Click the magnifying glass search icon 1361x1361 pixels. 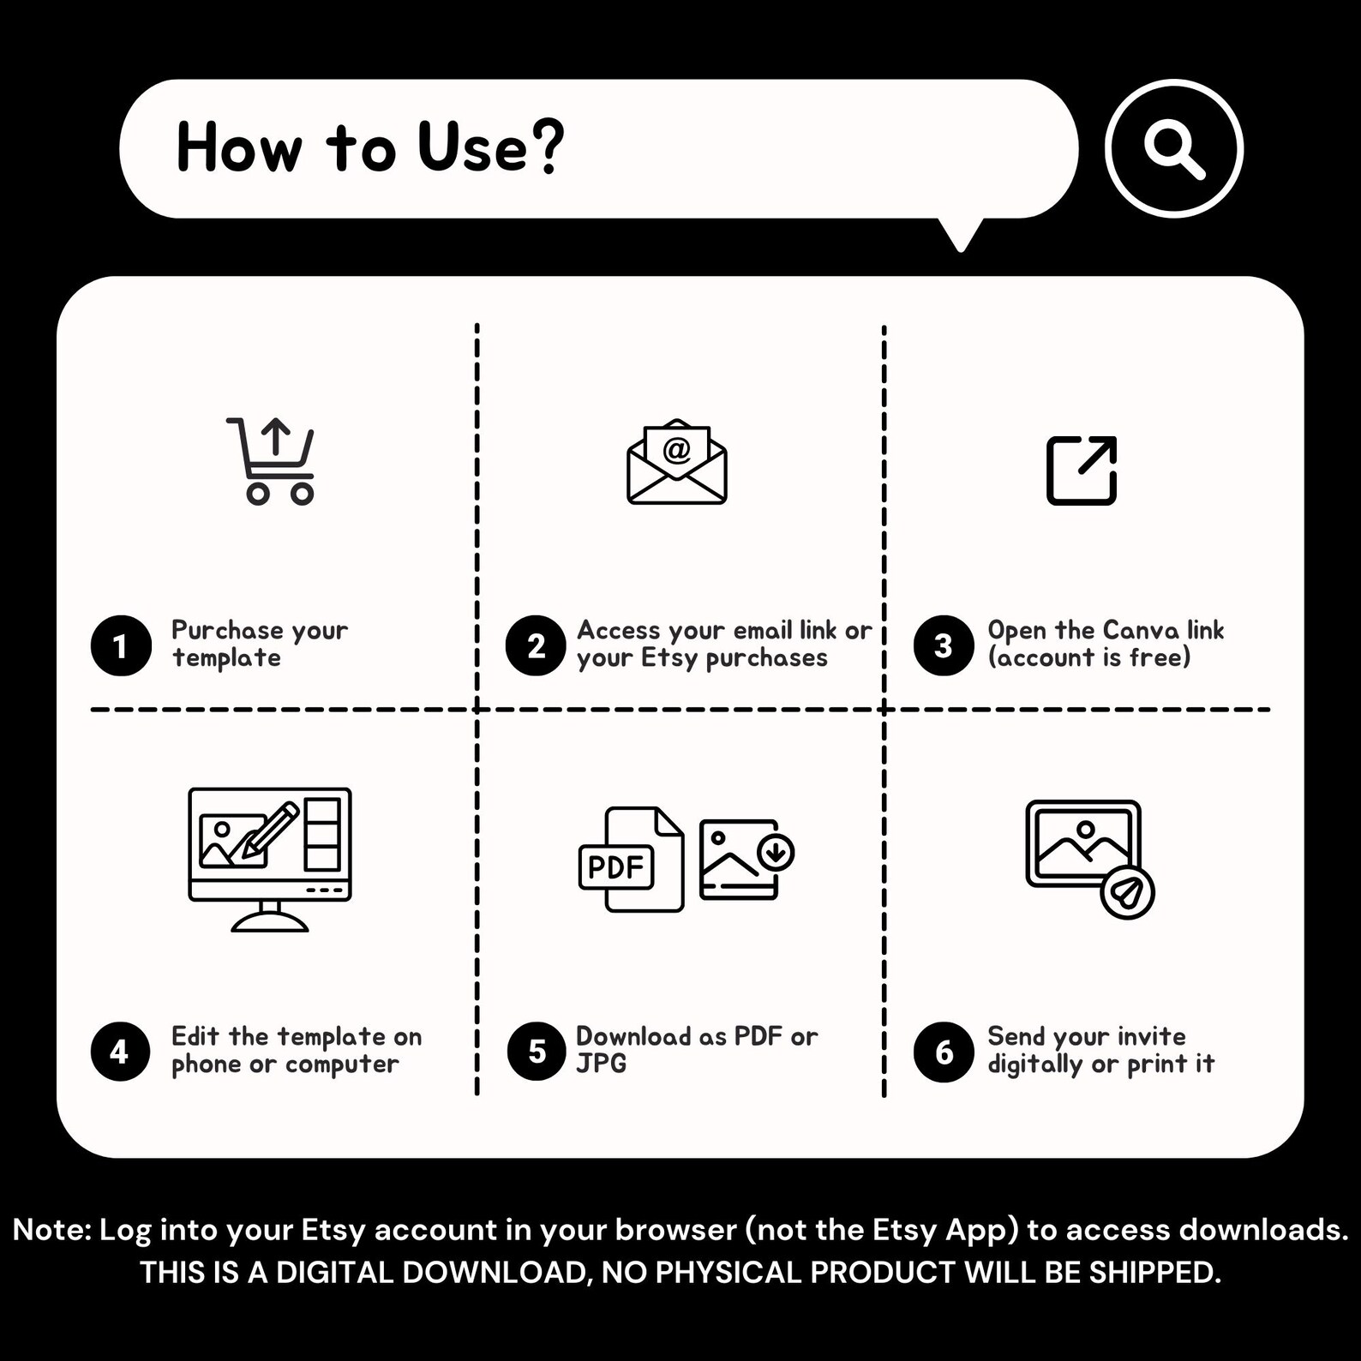point(1173,148)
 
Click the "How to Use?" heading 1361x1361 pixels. point(370,147)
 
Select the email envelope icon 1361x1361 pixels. point(676,462)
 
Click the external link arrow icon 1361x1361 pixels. point(1082,470)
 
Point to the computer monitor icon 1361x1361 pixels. point(270,857)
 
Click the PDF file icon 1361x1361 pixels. point(632,860)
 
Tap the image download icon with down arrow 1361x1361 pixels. point(746,859)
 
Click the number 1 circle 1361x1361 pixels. point(121,645)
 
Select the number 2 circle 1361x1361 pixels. point(536,645)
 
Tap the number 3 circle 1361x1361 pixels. point(943,645)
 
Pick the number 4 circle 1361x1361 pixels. point(120,1052)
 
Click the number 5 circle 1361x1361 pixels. point(537,1052)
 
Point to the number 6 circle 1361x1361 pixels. point(944,1052)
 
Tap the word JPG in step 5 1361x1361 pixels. point(601,1064)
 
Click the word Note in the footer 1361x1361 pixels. point(51,1230)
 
